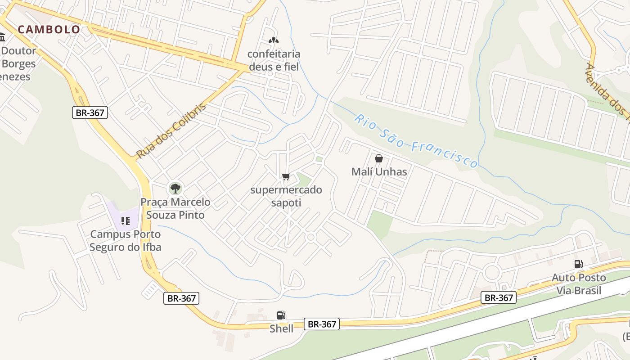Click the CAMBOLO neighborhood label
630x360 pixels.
click(49, 30)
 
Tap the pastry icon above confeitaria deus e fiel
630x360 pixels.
click(273, 40)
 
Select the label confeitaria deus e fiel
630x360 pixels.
click(274, 60)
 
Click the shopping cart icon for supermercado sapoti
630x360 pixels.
click(286, 176)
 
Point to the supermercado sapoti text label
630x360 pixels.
click(286, 196)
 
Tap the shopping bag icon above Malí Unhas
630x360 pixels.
click(379, 158)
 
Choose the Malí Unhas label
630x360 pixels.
click(379, 171)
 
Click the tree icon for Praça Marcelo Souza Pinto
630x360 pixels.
click(175, 189)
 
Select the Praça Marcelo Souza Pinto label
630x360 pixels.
click(175, 208)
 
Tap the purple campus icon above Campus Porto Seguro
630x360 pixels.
click(126, 220)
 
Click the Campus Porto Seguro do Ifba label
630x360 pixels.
click(125, 241)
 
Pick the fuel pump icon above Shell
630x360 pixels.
click(281, 315)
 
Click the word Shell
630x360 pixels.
click(281, 328)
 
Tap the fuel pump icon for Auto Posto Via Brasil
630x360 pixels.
click(578, 264)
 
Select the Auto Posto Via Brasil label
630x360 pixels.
click(579, 284)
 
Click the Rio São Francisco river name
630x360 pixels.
click(416, 141)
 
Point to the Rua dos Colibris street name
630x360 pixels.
click(171, 130)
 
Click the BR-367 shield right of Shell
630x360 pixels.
click(321, 324)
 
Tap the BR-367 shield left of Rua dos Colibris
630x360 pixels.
click(90, 112)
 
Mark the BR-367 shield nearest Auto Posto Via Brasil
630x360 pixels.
click(499, 297)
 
